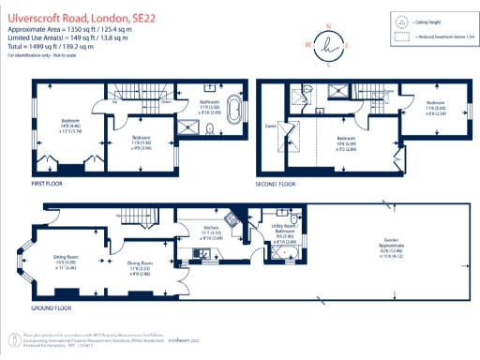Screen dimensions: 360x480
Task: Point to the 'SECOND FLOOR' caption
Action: coord(275,184)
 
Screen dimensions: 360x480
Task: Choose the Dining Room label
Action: coord(141,267)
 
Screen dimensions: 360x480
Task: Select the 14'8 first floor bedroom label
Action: coord(70,125)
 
